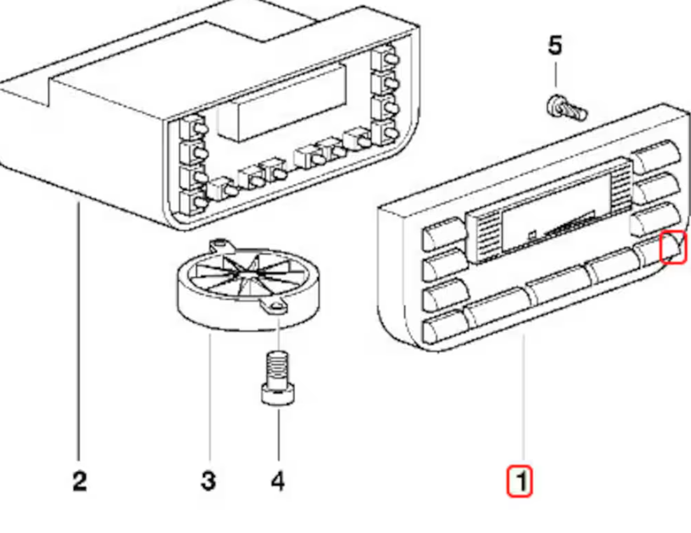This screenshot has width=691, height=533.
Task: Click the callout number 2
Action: coord(79,481)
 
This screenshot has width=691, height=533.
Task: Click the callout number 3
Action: coord(208,481)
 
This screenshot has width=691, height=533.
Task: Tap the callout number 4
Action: coord(278,481)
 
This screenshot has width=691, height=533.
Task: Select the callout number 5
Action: coord(555,46)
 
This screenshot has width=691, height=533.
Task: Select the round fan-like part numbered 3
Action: coord(248,280)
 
